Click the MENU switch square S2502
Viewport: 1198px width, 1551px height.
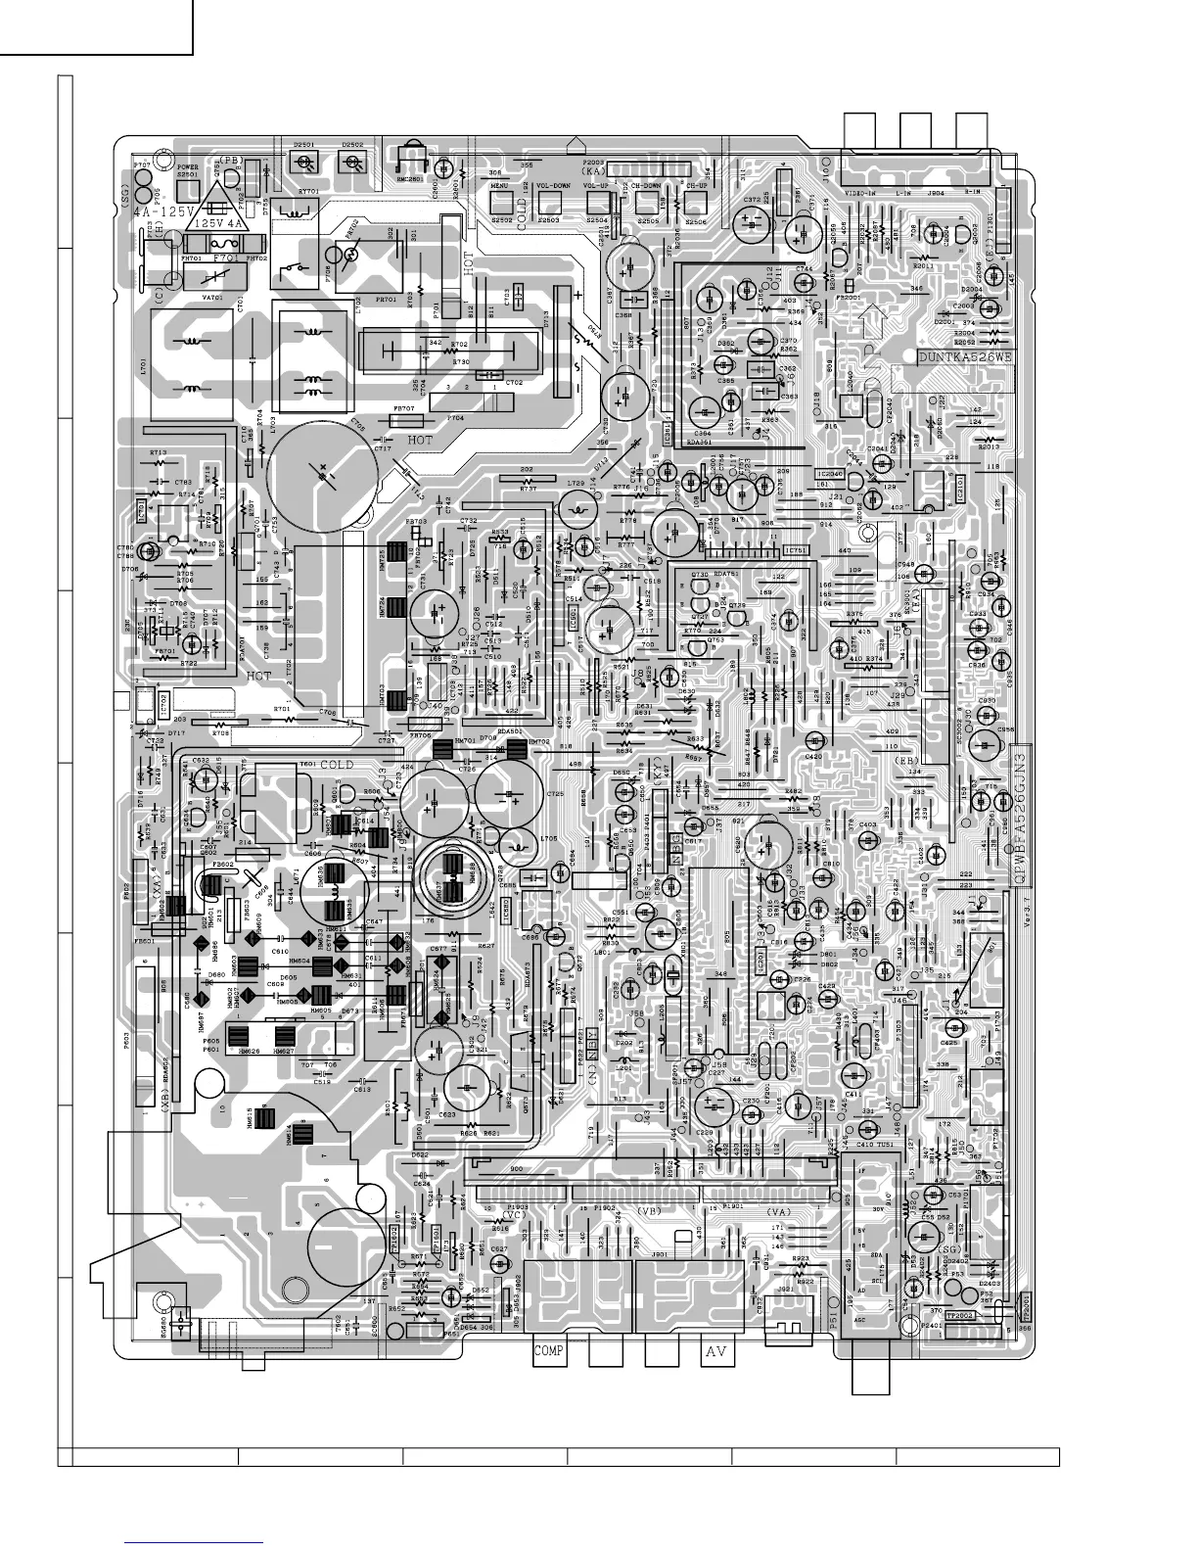[501, 203]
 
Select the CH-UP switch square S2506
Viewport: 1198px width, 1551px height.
[696, 203]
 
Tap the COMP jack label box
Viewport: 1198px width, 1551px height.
[549, 1351]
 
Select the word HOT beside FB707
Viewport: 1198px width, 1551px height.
[418, 441]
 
